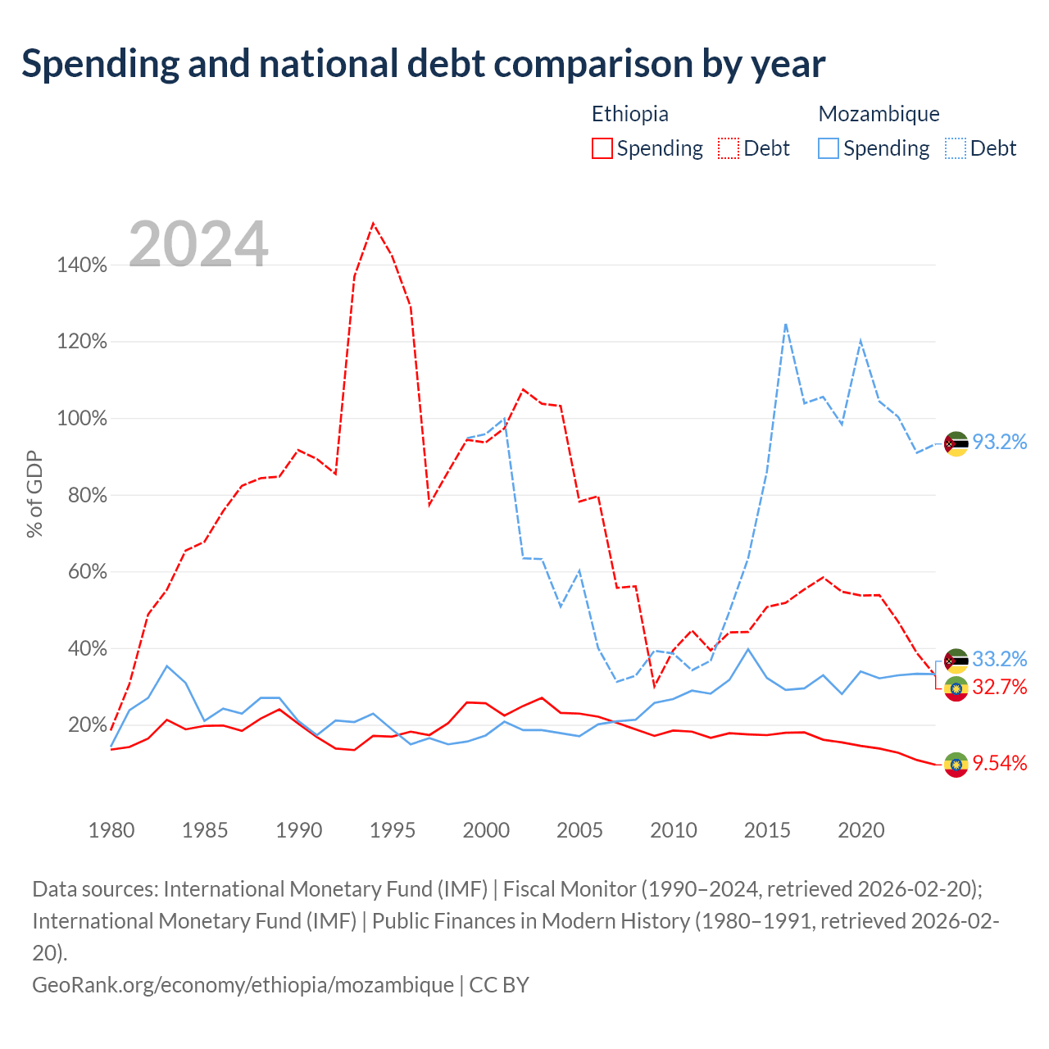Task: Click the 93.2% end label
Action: click(999, 442)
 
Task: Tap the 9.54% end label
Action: click(999, 763)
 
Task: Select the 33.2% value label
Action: click(999, 659)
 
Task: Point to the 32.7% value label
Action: click(999, 687)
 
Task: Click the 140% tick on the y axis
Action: click(82, 265)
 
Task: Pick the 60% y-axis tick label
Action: click(87, 572)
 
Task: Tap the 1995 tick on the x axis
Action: click(392, 831)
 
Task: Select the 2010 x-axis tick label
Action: click(674, 831)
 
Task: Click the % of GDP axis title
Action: click(34, 494)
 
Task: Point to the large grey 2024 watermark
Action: click(198, 244)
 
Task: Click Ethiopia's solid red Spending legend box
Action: click(602, 148)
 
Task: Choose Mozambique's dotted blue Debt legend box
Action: click(956, 148)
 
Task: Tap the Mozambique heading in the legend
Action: click(879, 114)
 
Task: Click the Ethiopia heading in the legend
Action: click(630, 114)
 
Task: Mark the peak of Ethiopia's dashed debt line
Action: click(373, 223)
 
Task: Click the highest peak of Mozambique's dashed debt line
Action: click(786, 325)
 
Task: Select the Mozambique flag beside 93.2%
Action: click(956, 444)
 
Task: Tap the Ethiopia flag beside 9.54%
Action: click(956, 765)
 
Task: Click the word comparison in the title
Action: click(593, 65)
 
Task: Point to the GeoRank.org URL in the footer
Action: click(243, 985)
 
